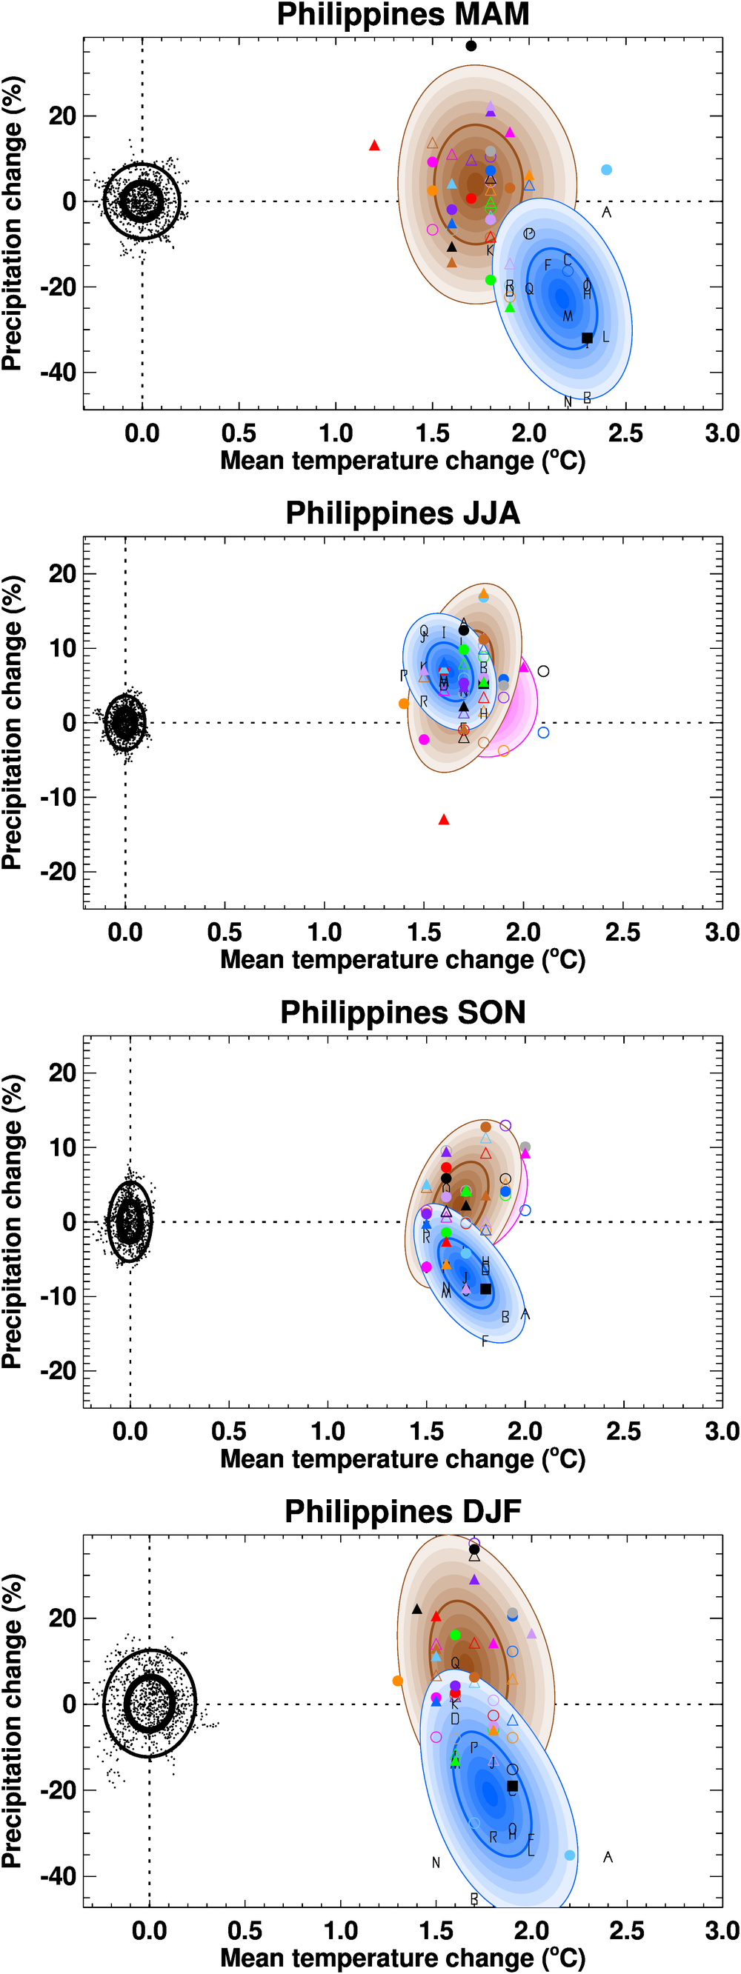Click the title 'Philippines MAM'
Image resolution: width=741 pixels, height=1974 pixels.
[x=402, y=15]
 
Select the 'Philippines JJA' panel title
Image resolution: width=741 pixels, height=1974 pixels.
[x=402, y=513]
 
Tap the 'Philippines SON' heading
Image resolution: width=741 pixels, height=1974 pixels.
[x=402, y=1013]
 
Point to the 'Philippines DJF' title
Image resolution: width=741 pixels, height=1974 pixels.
[x=402, y=1511]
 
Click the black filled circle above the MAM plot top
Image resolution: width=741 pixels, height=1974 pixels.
[x=471, y=46]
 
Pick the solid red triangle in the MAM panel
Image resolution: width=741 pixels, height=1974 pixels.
[x=375, y=146]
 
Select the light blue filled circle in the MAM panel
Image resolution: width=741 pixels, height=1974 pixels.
[x=606, y=170]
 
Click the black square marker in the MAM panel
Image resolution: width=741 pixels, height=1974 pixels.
[x=587, y=338]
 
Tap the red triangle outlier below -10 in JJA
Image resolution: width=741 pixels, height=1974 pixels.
[x=444, y=820]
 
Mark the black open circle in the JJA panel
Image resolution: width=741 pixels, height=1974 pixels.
[x=543, y=671]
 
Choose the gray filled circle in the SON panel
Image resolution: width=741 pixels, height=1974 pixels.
[x=525, y=1147]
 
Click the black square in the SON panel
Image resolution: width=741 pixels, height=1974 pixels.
[x=485, y=1289]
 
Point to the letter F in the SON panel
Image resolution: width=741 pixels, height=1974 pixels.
[x=485, y=1341]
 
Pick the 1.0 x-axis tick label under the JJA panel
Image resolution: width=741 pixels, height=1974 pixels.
[x=324, y=933]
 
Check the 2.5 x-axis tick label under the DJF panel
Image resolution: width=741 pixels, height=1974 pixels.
[x=627, y=1930]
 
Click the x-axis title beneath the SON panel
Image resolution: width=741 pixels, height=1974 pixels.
[x=402, y=1458]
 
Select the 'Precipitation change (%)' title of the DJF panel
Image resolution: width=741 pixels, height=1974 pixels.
[x=13, y=1721]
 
